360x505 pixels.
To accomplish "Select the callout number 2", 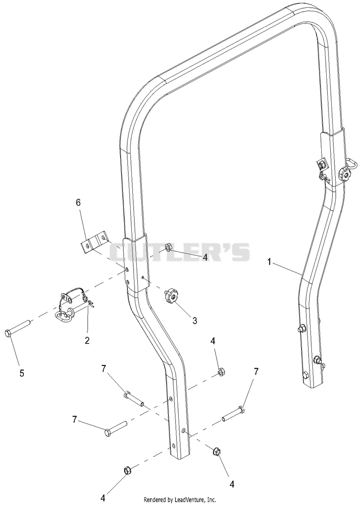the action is click(x=87, y=340).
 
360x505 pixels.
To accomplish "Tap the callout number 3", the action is click(x=194, y=320).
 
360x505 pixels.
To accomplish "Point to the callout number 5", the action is click(x=22, y=373).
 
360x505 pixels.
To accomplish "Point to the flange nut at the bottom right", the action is click(x=216, y=451).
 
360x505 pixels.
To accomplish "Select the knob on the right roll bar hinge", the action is click(x=345, y=174).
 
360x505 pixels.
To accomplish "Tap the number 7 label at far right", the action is click(x=256, y=372).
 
